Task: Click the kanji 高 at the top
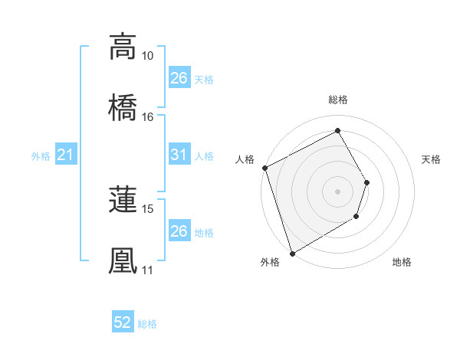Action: [x=123, y=47]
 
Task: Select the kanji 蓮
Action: [x=123, y=199]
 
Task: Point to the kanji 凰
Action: [x=123, y=260]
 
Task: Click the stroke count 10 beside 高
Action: [x=147, y=56]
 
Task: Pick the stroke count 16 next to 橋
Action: [x=147, y=116]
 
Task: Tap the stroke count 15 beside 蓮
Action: [x=147, y=208]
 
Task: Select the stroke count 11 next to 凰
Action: [x=147, y=270]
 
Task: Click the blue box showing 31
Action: [x=179, y=155]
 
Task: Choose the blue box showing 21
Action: [x=66, y=155]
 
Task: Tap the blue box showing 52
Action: [x=123, y=323]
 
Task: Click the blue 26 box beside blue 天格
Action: [x=179, y=78]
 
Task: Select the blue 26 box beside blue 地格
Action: [x=179, y=231]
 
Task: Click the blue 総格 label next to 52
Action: [x=147, y=324]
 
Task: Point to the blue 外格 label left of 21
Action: [x=41, y=156]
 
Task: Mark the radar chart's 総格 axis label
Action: [x=338, y=100]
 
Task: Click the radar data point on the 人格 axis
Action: [x=264, y=168]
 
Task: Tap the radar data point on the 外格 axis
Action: [x=292, y=253]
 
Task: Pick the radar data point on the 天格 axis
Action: [x=367, y=182]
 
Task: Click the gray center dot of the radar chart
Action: [x=337, y=191]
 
